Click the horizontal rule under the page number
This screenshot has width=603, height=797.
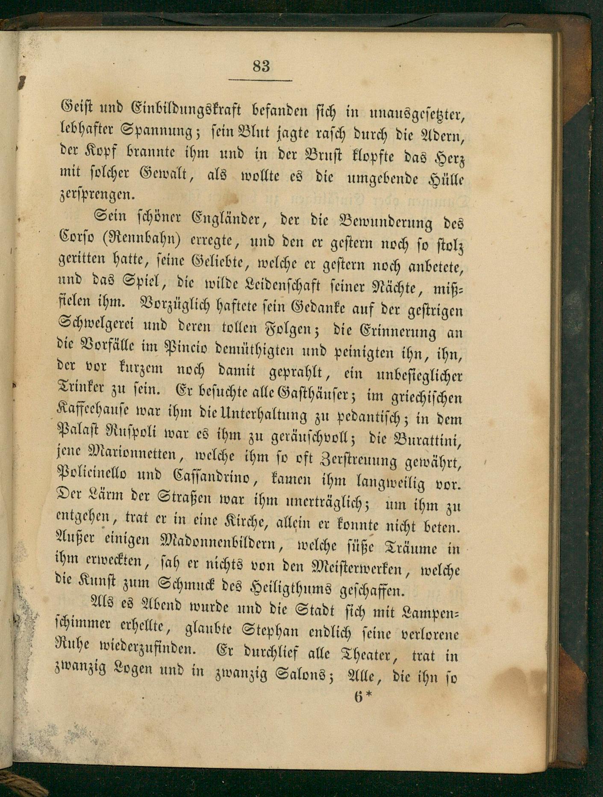260,80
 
